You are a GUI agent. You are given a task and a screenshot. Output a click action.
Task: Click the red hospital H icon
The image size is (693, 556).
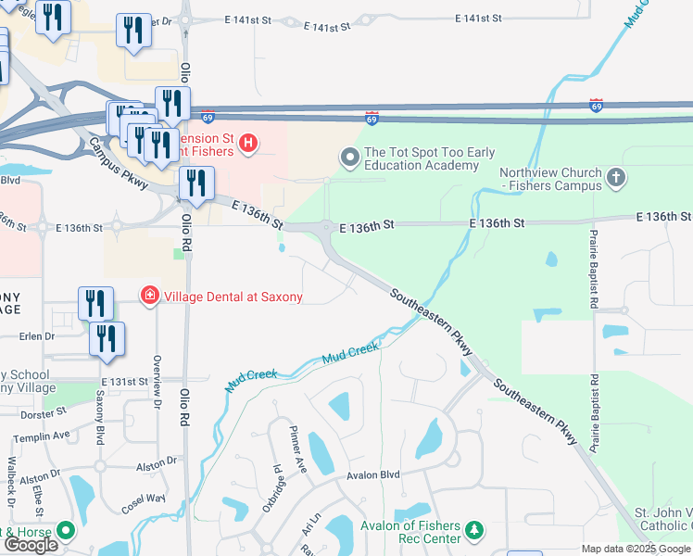pyautogui.click(x=248, y=143)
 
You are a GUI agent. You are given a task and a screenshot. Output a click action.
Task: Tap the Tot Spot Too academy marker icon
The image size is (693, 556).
pyautogui.click(x=350, y=158)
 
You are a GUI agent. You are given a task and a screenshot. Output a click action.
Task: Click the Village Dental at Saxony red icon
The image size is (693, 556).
pyautogui.click(x=147, y=297)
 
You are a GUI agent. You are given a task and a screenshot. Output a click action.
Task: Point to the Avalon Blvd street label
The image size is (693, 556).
pyautogui.click(x=372, y=475)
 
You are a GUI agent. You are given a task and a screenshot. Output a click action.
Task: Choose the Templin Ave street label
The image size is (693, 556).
pyautogui.click(x=44, y=435)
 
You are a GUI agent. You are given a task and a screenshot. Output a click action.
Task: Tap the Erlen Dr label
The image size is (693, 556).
pyautogui.click(x=37, y=335)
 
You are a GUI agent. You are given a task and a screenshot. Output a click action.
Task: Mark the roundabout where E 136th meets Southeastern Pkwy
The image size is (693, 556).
pyautogui.click(x=326, y=227)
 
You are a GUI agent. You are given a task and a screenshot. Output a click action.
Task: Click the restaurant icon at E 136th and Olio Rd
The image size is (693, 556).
pyautogui.click(x=196, y=184)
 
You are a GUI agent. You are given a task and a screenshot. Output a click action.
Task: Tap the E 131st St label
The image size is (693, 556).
pyautogui.click(x=124, y=382)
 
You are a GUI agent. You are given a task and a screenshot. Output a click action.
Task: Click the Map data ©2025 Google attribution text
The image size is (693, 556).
pyautogui.click(x=636, y=549)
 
